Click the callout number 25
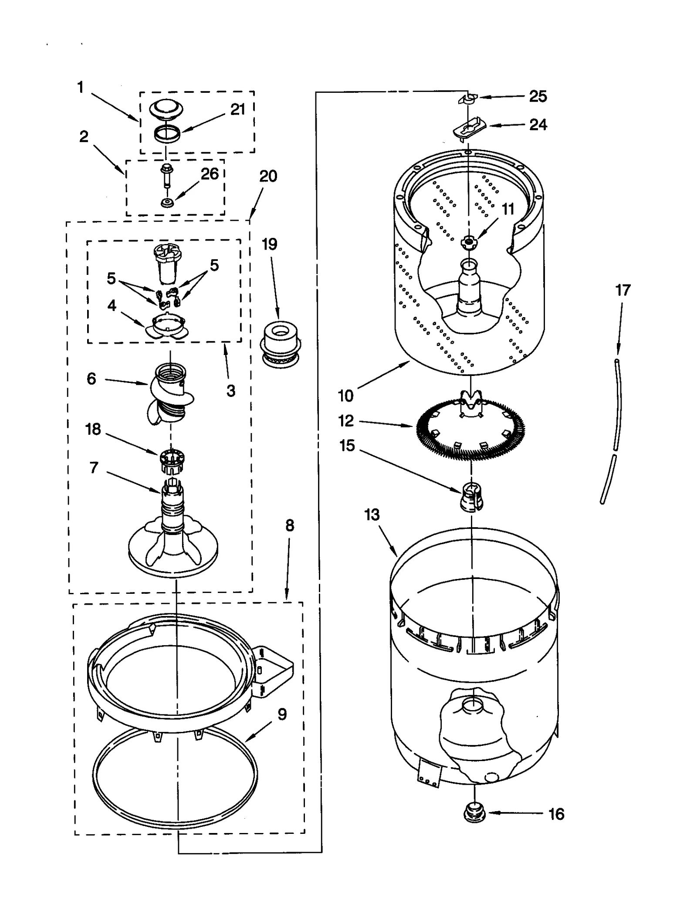coord(538,96)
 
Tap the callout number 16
coord(556,814)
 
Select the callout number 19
coord(269,244)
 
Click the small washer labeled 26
coord(167,203)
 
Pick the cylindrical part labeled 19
coord(281,343)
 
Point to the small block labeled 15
coord(471,497)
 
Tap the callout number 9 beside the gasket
coord(282,714)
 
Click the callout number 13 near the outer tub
coord(372,515)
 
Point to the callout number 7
coord(94,468)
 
